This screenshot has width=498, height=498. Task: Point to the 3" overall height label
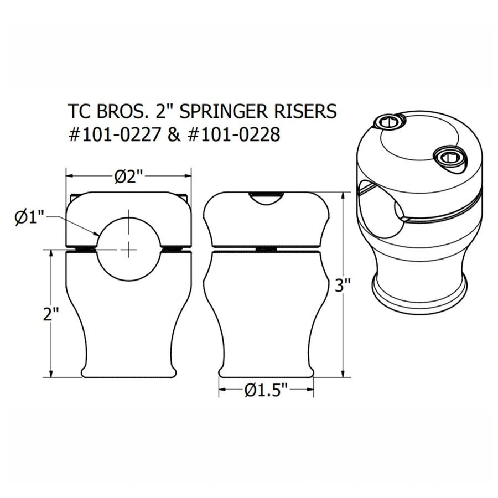click(344, 286)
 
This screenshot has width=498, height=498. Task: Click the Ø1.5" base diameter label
click(267, 391)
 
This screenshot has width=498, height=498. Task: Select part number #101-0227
click(113, 134)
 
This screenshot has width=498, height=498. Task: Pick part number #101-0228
click(232, 134)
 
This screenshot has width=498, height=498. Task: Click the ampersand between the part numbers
click(173, 134)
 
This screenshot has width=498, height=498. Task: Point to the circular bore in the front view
click(129, 243)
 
